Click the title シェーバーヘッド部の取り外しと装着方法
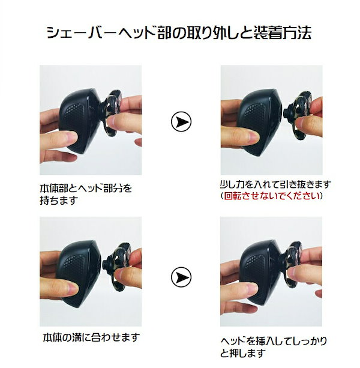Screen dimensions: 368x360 click(x=179, y=33)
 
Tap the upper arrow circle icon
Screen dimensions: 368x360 click(x=180, y=122)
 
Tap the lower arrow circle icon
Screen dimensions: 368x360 click(x=180, y=277)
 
